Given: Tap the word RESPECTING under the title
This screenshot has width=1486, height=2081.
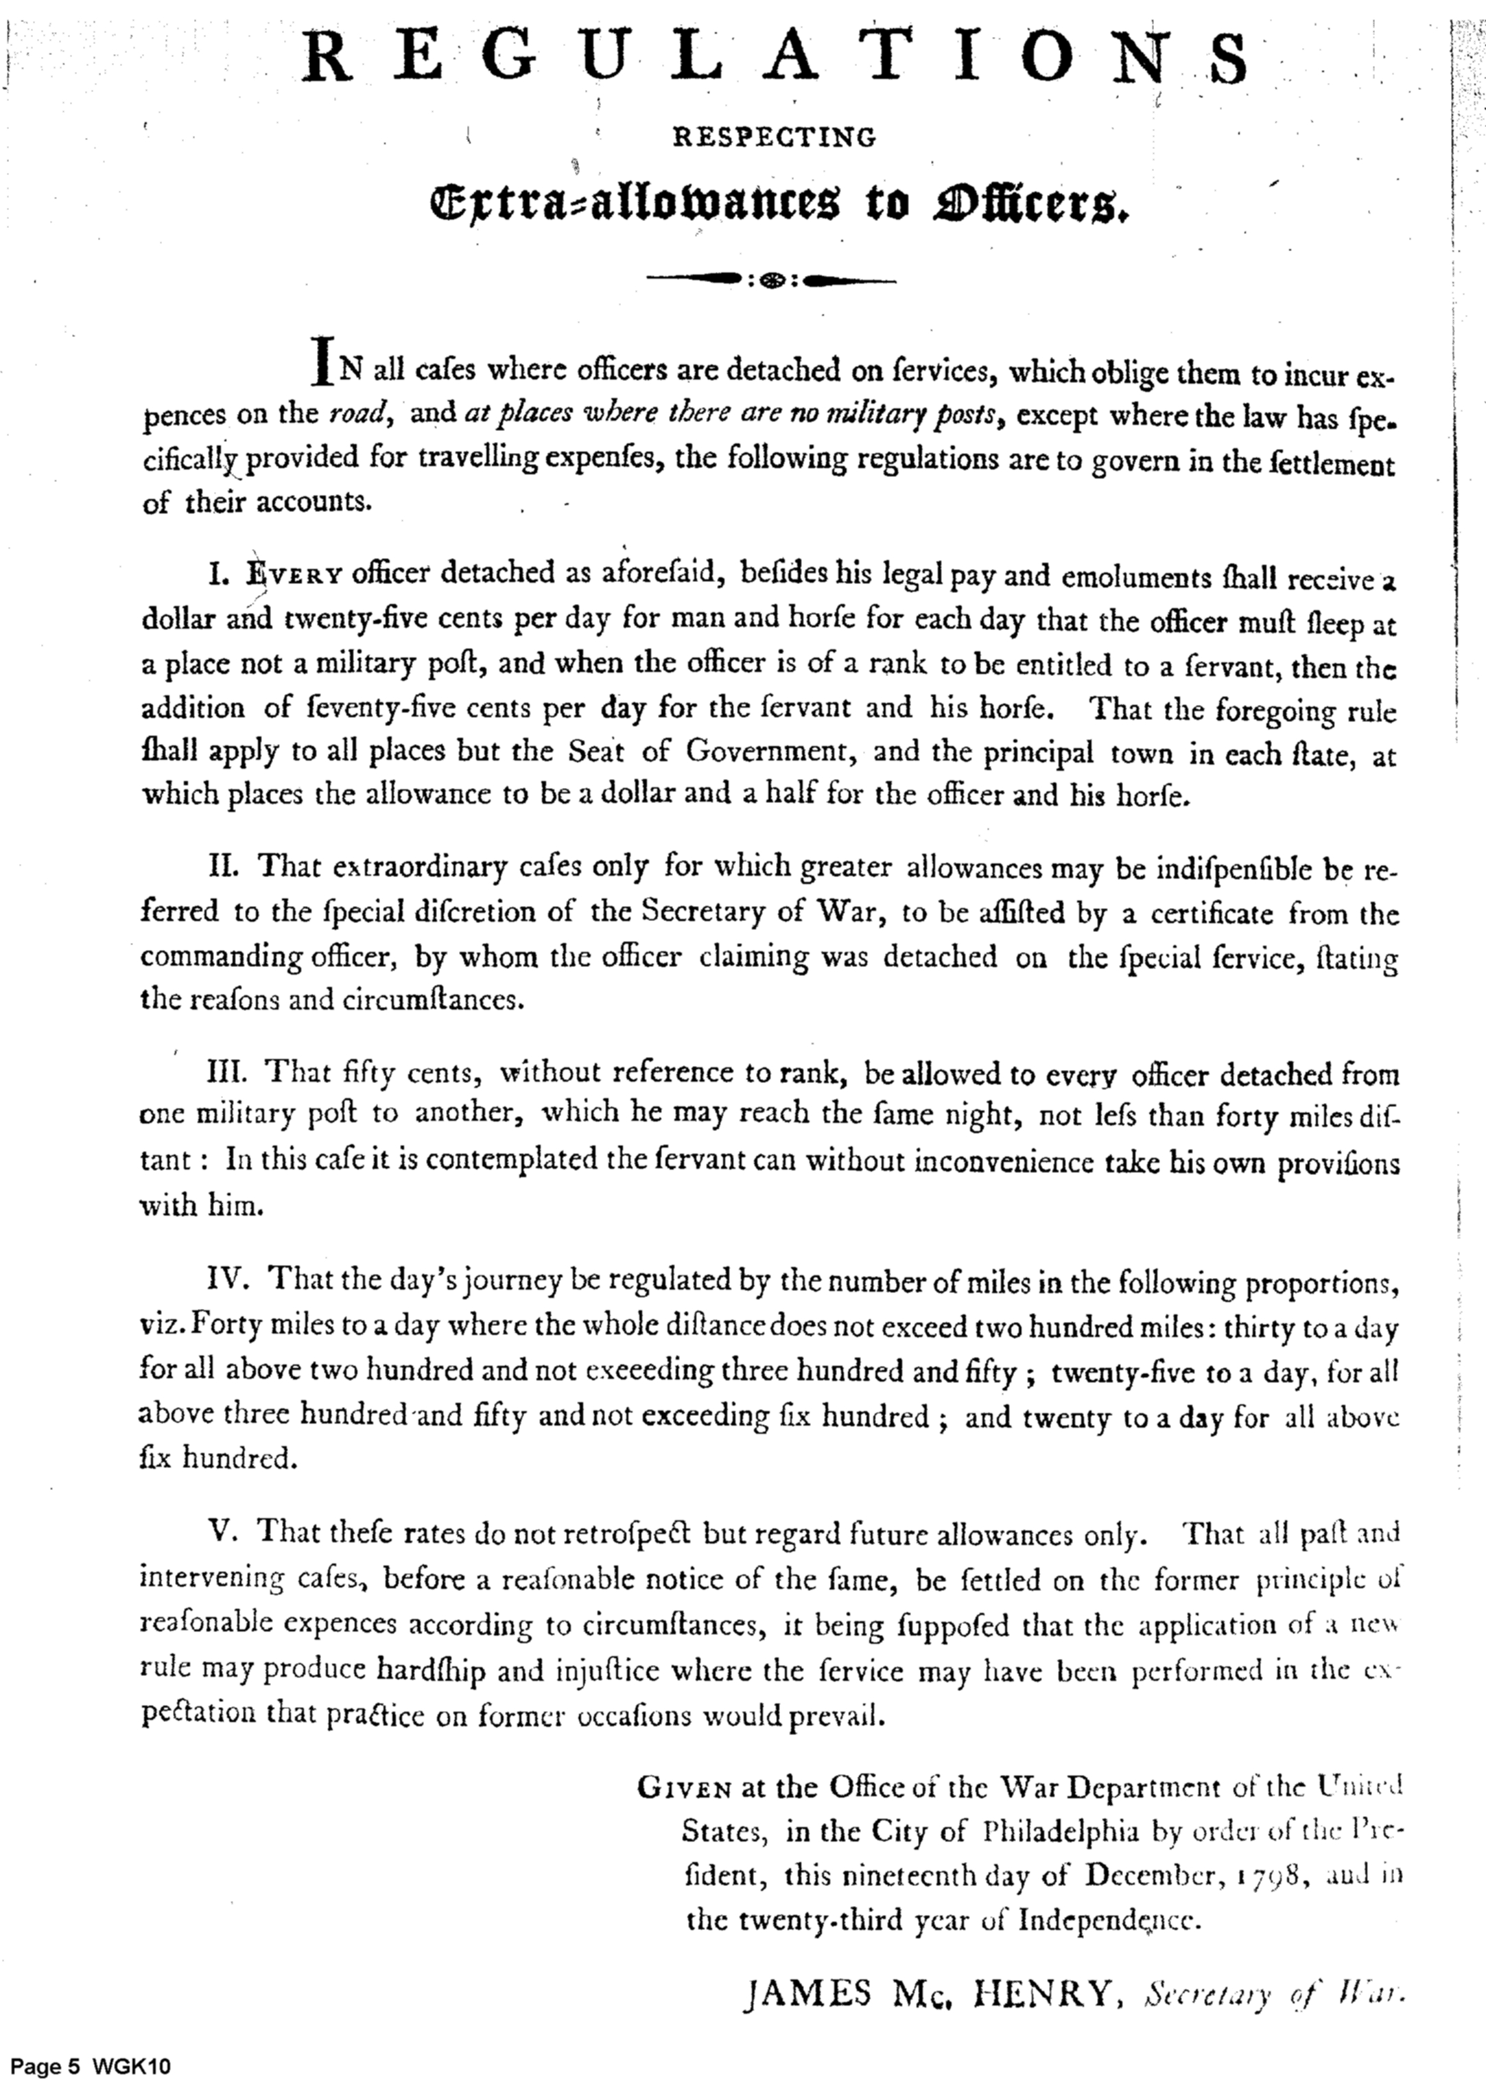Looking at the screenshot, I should (774, 137).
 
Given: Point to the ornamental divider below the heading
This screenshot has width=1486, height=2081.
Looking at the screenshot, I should (771, 281).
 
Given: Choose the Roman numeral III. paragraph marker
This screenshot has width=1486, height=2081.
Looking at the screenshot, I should (236, 1071).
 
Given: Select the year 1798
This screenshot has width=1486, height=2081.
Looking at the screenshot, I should (1267, 1876).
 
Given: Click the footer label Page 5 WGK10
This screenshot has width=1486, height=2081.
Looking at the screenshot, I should (91, 2065).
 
